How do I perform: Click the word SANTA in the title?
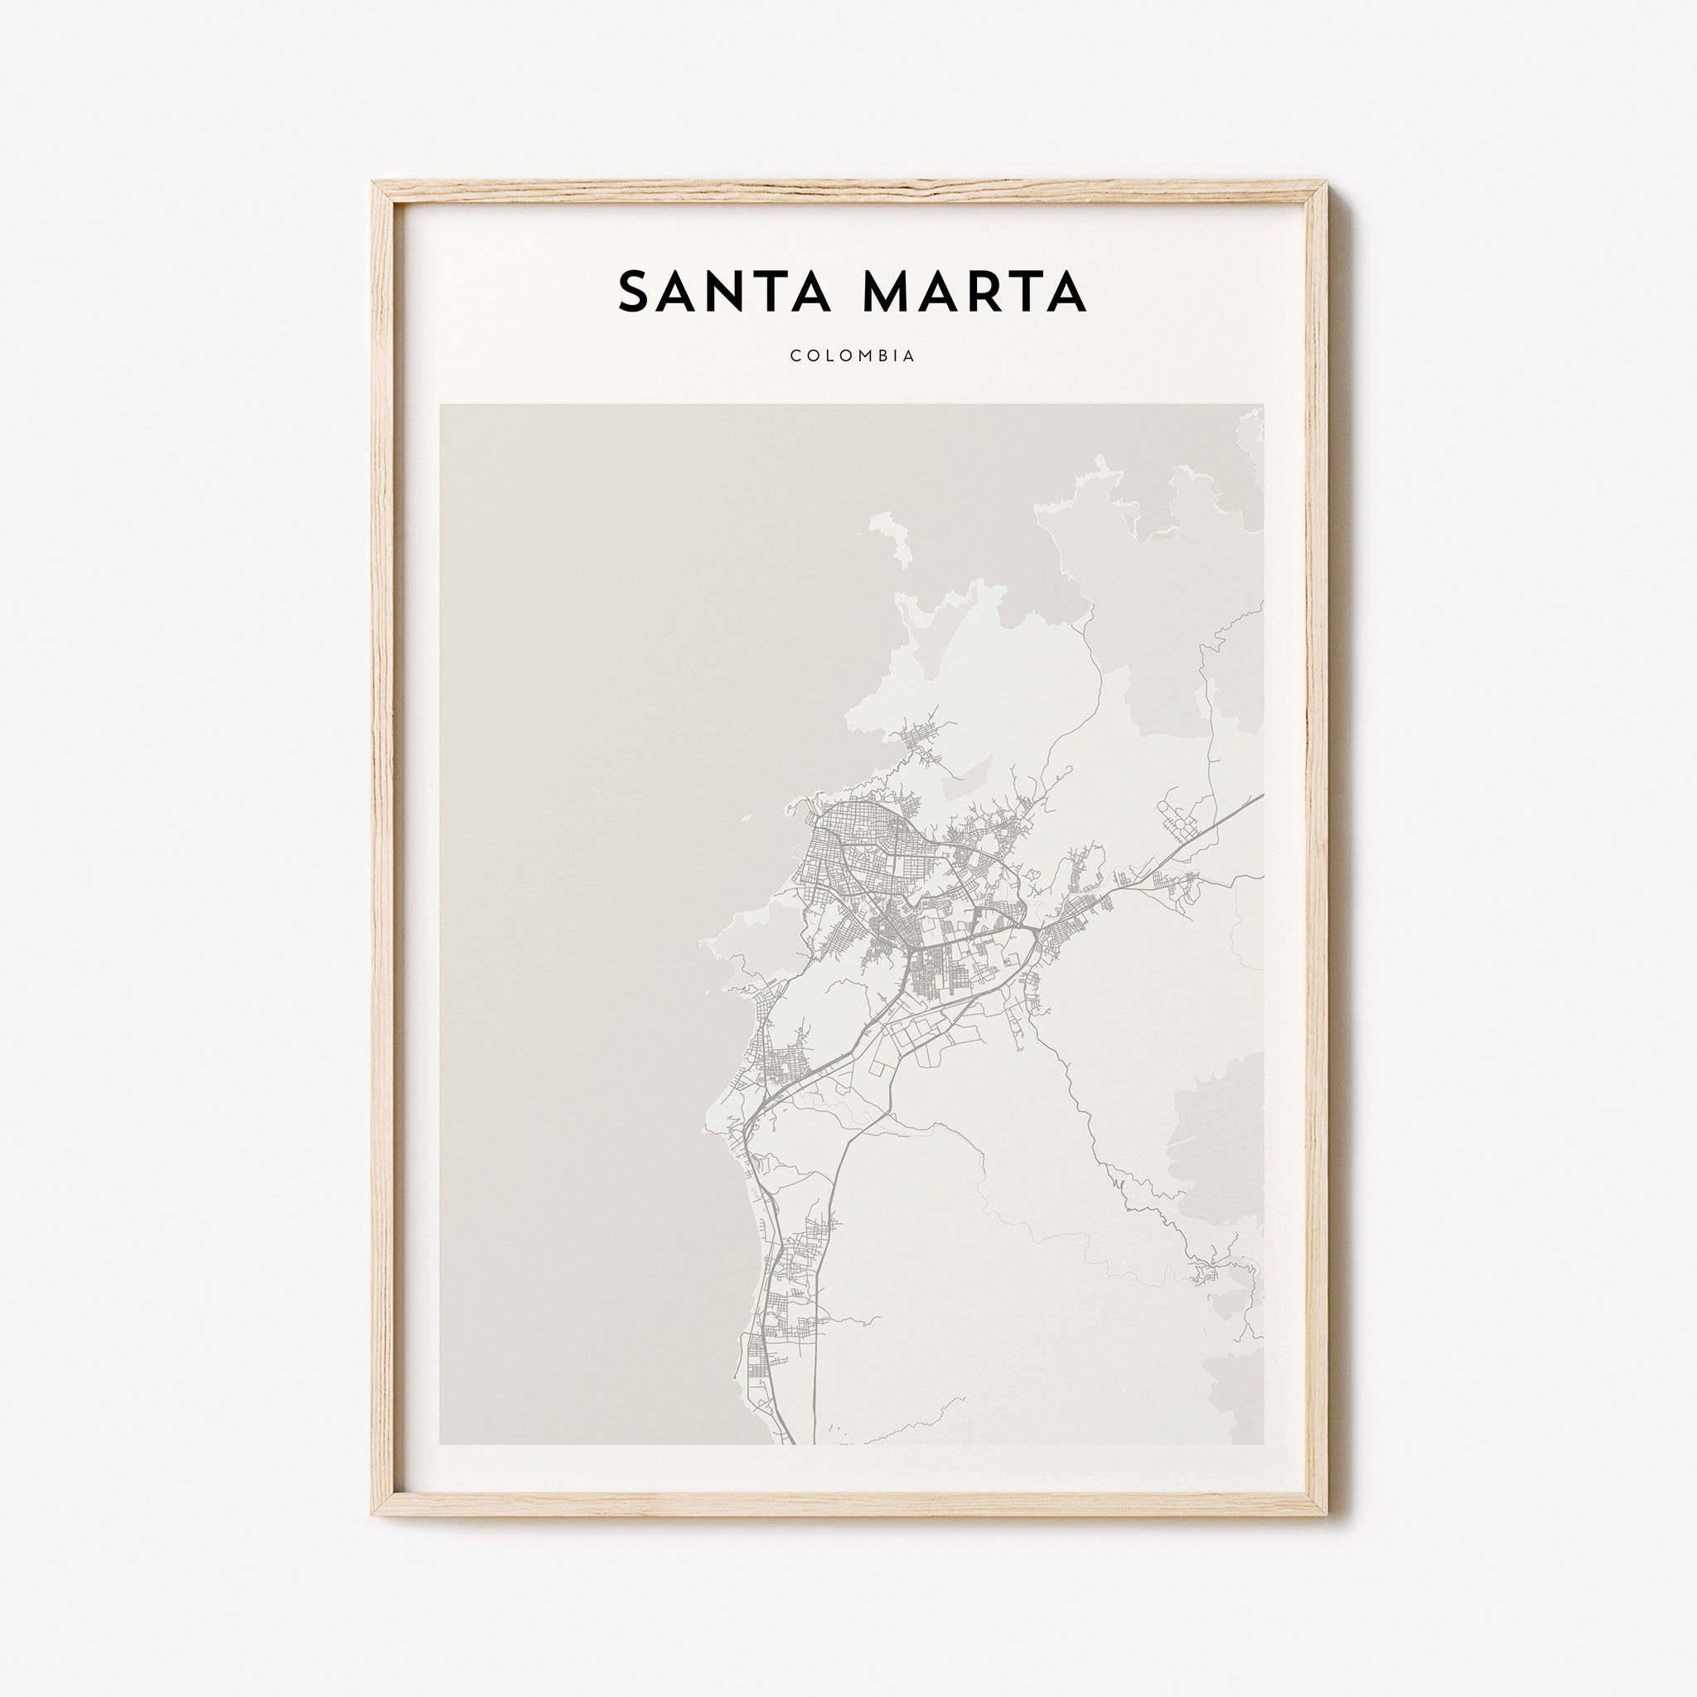[725, 293]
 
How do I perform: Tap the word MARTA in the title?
[975, 293]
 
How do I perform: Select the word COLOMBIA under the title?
[852, 355]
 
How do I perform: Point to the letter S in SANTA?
[632, 293]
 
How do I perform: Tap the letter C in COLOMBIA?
[795, 355]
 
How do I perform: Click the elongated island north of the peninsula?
[892, 538]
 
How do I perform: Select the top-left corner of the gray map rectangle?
[440, 405]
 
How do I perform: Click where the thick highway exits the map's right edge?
[1262, 795]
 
